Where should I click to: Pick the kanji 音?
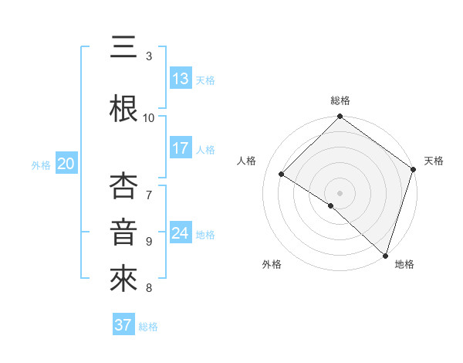tap(124, 231)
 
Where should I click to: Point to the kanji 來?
tap(124, 279)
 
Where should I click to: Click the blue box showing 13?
tap(181, 80)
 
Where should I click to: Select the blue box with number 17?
tap(181, 149)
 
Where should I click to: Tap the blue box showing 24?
tap(181, 234)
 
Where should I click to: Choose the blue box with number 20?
tap(66, 164)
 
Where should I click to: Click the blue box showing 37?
tap(123, 326)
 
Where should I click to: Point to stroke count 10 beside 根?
tap(149, 117)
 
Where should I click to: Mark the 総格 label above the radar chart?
tap(340, 100)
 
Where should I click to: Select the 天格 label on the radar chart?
tap(434, 161)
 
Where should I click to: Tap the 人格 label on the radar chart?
tap(247, 161)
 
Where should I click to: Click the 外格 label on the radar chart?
tap(272, 264)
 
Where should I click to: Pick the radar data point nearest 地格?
tap(385, 255)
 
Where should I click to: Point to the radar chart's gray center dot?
tap(340, 192)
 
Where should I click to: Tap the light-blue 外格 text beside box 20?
tap(41, 165)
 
